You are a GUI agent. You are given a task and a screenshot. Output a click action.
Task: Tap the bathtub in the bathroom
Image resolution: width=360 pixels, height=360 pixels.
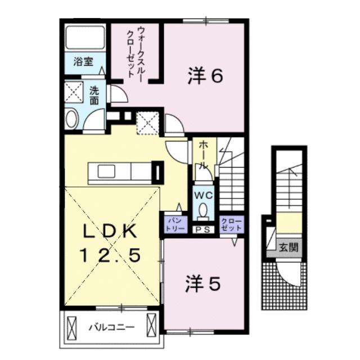(84, 38)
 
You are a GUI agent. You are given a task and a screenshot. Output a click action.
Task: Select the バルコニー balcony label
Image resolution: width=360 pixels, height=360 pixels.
(110, 326)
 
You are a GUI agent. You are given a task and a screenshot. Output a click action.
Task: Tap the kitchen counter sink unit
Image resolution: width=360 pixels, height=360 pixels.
(119, 170)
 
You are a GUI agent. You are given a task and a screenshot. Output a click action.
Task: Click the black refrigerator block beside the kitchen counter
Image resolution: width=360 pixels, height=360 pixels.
(157, 172)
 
